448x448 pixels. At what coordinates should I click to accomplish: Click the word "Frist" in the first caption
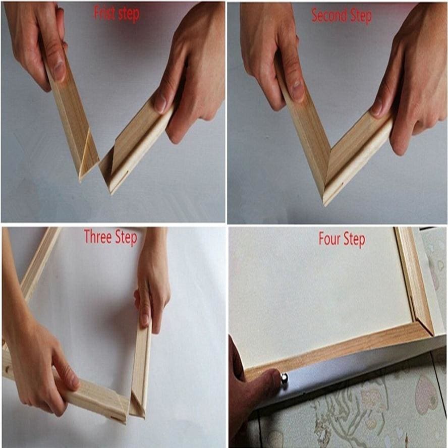point(104,14)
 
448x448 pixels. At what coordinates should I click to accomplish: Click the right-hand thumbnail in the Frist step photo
point(161,103)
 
